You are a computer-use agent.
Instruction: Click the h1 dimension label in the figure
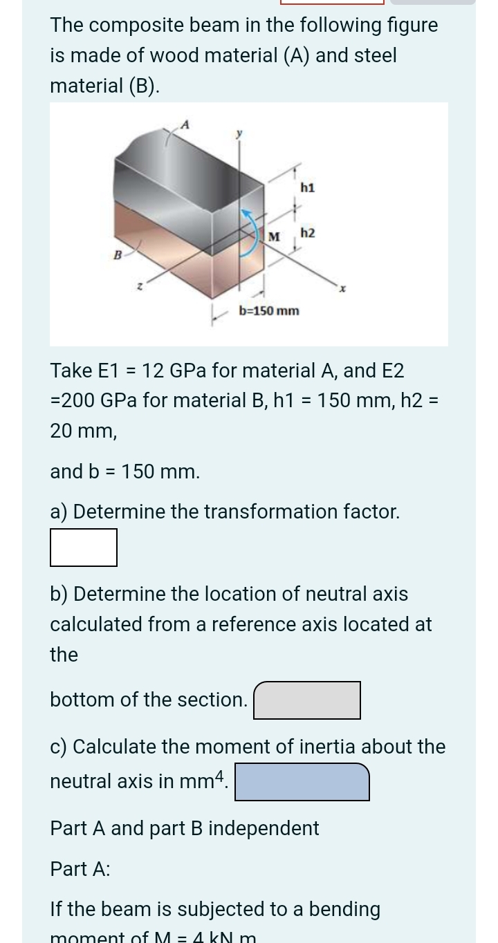click(308, 187)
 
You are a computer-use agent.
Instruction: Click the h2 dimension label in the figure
click(308, 233)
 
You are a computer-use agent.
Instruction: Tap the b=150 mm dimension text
click(269, 310)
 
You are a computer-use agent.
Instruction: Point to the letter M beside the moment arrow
click(274, 237)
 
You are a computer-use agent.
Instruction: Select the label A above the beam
click(185, 124)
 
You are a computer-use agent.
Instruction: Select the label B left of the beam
click(118, 254)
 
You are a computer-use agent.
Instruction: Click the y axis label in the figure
click(240, 135)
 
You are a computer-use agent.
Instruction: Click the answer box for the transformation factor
click(84, 548)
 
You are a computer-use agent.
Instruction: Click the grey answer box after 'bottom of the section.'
click(307, 700)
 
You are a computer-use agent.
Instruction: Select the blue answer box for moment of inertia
click(302, 782)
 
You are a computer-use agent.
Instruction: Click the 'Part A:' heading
click(80, 869)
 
